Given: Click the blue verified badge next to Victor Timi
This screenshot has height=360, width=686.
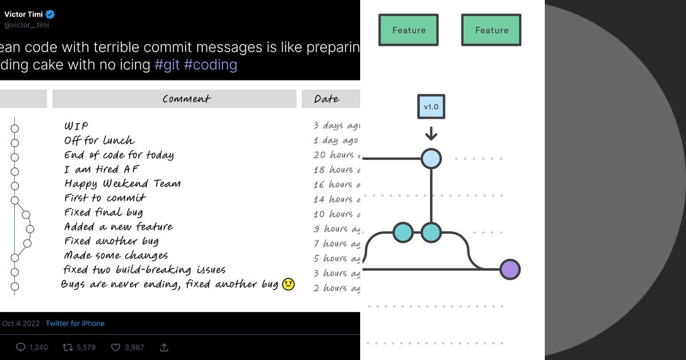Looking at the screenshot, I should click(x=50, y=14).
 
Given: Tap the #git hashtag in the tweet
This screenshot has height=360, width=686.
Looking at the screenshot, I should click(x=167, y=65).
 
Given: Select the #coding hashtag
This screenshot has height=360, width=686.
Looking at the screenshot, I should click(x=210, y=65).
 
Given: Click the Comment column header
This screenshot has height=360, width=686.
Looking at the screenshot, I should click(x=186, y=99).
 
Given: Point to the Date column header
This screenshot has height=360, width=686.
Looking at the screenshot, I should click(x=326, y=99).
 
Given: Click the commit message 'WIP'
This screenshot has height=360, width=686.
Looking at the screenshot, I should click(x=76, y=126).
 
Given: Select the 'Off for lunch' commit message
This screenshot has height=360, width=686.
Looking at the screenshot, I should click(x=99, y=141).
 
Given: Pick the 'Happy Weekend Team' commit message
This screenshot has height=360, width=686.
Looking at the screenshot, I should click(x=122, y=184).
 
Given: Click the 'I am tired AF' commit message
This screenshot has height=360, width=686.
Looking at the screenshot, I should click(x=101, y=170).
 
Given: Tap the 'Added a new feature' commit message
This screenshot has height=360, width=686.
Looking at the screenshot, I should click(x=118, y=227).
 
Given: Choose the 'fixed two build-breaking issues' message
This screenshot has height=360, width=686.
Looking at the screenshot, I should click(x=144, y=270).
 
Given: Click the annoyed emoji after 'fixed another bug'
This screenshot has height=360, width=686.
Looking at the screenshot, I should click(x=288, y=285).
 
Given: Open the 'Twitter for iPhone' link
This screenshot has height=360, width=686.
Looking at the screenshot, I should click(x=75, y=323).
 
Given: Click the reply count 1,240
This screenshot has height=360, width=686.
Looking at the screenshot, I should click(x=38, y=347).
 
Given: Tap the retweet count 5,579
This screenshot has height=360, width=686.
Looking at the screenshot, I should click(x=85, y=347).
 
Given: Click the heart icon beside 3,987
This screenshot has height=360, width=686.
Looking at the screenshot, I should click(x=115, y=347).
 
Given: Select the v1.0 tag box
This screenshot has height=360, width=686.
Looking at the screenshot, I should click(x=431, y=107).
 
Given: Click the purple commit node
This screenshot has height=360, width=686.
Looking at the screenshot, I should click(x=510, y=269).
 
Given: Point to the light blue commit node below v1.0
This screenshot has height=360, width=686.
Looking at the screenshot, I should click(x=431, y=158).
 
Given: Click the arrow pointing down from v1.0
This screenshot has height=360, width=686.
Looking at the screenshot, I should click(x=431, y=134).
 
